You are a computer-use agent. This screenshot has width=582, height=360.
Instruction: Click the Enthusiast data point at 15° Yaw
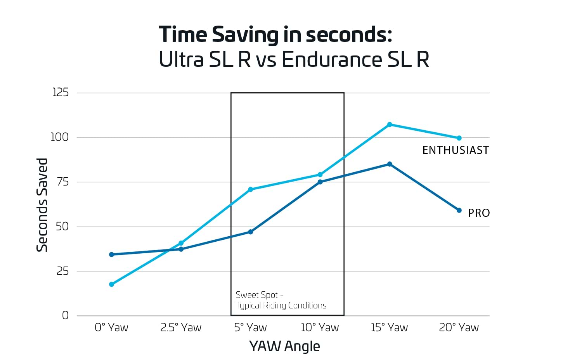tap(390, 125)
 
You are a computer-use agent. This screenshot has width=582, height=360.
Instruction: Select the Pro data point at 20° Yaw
tap(459, 210)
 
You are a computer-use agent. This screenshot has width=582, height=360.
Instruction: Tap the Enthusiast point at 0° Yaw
tap(112, 284)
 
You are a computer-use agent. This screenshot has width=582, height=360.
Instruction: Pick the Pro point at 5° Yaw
tap(251, 232)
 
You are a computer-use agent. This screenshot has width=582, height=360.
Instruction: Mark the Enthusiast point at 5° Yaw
tap(251, 189)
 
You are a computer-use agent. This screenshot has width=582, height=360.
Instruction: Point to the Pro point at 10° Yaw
tap(320, 182)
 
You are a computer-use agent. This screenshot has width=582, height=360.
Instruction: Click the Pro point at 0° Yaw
tap(112, 254)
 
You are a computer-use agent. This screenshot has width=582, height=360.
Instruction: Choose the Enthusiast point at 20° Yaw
tap(459, 138)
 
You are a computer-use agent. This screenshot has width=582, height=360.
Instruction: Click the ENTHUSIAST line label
tap(456, 151)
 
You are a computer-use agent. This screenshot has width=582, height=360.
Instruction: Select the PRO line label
tap(479, 213)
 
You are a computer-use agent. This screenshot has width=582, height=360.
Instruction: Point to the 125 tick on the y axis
tap(60, 92)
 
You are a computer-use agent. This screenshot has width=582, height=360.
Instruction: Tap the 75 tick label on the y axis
tap(62, 182)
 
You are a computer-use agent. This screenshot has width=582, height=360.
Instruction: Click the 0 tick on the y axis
tap(65, 315)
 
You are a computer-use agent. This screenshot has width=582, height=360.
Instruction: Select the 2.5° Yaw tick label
tap(181, 328)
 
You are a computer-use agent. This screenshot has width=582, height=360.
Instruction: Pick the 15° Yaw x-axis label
tap(389, 328)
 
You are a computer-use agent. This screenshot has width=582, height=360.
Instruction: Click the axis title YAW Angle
tap(284, 346)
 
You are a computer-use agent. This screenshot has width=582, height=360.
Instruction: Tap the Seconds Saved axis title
tap(42, 205)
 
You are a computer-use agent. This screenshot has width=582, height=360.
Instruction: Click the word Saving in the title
tap(245, 35)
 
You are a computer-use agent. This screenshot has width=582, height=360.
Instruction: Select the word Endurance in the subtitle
tap(332, 60)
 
